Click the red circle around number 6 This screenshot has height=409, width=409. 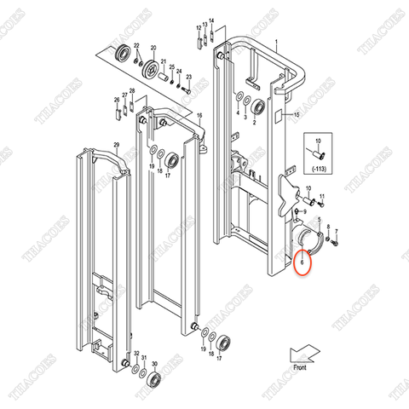click(302, 263)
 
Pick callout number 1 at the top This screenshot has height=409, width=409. click(275, 42)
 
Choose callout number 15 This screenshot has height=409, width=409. click(297, 113)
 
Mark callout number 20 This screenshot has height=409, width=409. click(153, 49)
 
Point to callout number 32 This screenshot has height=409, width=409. click(135, 354)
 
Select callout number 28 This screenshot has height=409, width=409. click(132, 90)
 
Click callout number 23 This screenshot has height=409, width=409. click(189, 78)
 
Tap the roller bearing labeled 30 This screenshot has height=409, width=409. click(159, 378)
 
